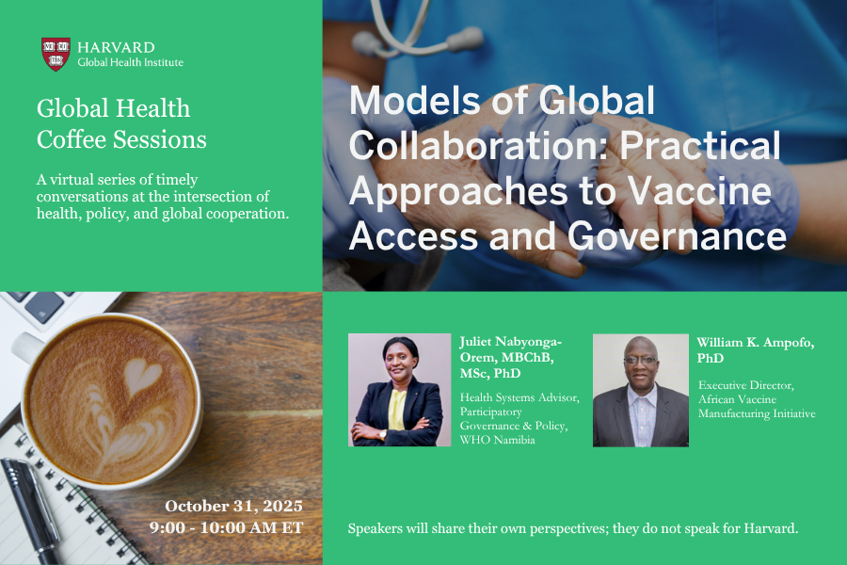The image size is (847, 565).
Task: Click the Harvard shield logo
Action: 56,54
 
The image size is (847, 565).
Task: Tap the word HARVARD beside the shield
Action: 116,47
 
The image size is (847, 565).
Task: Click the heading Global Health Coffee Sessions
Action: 121,123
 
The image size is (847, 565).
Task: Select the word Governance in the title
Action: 677,236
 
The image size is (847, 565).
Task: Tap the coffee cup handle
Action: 26,346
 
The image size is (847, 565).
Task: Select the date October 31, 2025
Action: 233,506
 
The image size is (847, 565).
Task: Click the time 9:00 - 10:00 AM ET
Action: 226,527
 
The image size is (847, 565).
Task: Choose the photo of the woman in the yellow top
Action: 399,390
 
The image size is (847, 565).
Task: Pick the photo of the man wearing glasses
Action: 641,391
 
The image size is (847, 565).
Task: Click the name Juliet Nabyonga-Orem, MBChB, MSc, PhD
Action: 511,358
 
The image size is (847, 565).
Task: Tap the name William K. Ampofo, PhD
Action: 755,349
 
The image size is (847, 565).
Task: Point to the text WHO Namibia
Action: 498,440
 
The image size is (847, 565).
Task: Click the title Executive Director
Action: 746,385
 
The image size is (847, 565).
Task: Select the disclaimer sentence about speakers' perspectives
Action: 573,528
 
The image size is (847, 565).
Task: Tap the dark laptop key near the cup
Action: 44,307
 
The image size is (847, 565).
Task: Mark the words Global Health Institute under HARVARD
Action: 130,62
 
